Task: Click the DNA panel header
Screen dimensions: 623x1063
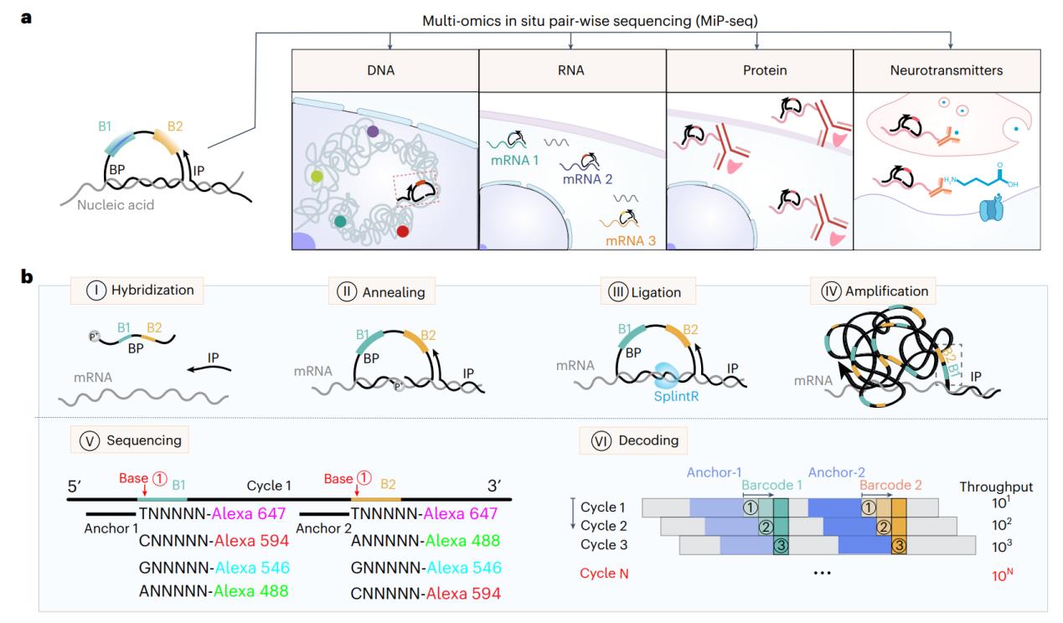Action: (384, 71)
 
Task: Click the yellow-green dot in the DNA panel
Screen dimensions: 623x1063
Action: (316, 176)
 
